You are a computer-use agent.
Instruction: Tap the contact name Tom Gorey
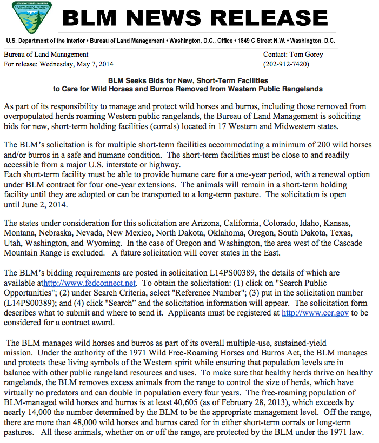(x=312, y=55)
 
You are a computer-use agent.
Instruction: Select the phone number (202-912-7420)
(x=286, y=64)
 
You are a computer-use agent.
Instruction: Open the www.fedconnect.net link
(x=90, y=283)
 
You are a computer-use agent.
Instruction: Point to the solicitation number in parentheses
(x=30, y=303)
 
